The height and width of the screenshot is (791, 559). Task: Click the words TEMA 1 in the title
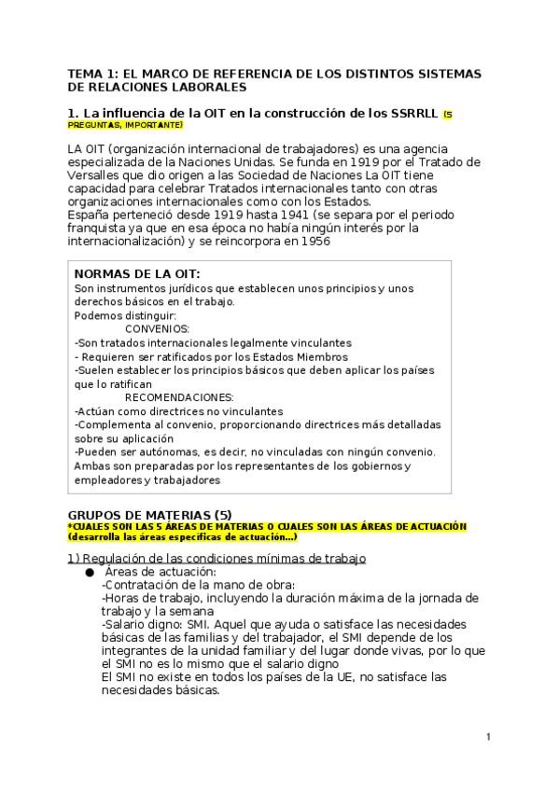tap(91, 74)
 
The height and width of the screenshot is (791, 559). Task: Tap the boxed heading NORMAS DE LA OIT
tap(136, 275)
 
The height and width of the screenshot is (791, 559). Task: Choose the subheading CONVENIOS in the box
tap(157, 328)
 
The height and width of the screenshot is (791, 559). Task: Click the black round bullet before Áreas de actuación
tap(90, 572)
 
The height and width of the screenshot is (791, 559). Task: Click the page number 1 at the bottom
tap(487, 738)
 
